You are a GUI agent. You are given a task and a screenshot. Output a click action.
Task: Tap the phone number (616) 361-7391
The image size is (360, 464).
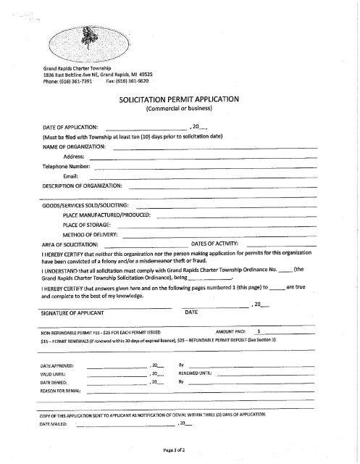click(79, 82)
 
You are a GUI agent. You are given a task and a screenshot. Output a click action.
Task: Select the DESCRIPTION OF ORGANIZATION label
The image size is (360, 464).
click(87, 186)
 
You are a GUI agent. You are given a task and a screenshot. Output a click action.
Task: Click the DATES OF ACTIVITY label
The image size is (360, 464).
click(219, 245)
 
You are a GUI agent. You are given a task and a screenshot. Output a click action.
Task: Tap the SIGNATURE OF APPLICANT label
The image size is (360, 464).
click(72, 312)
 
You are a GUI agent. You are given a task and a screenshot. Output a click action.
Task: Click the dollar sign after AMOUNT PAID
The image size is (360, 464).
click(259, 330)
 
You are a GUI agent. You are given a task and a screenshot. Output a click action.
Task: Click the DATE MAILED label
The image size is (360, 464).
click(55, 423)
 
